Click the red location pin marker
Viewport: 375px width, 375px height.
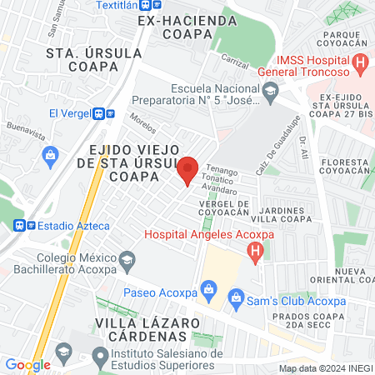pos(188,170)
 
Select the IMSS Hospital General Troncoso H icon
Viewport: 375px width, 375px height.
pos(360,61)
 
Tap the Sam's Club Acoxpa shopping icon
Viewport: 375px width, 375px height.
pos(237,297)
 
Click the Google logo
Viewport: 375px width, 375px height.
pos(27,364)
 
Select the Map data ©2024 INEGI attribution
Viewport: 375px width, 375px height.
pos(325,368)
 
